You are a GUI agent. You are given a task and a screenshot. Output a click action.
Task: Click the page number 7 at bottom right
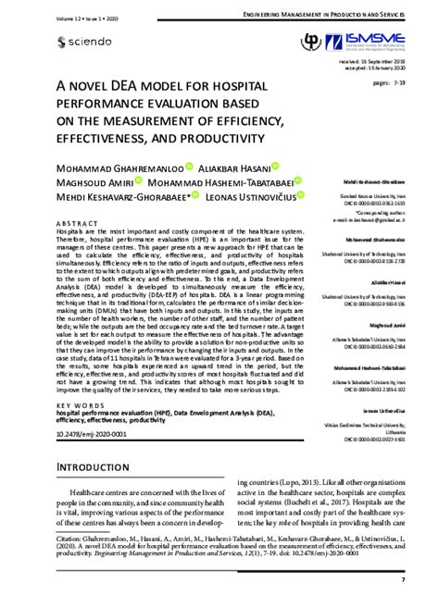(x=405, y=581)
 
